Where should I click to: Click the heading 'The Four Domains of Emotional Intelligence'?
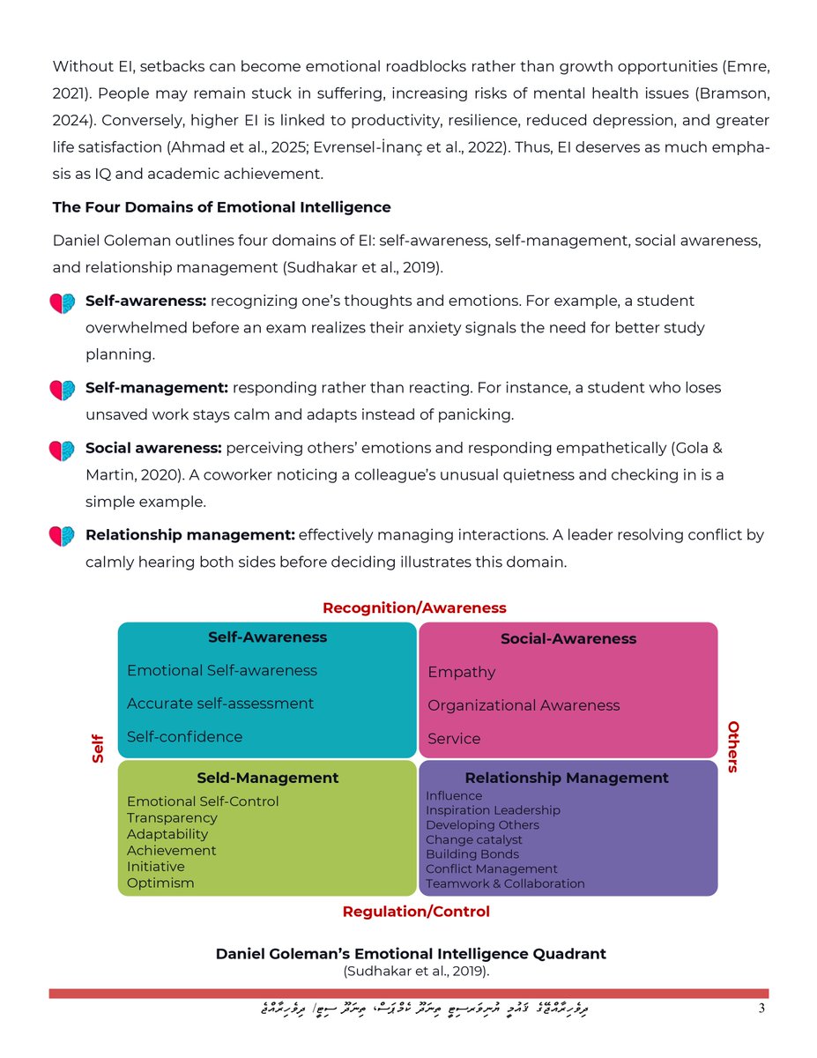tap(221, 207)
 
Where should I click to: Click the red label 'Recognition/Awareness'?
tap(414, 607)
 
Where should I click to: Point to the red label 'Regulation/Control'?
tap(416, 911)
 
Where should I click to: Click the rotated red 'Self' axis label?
tap(98, 749)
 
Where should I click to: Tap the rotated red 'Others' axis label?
tap(732, 746)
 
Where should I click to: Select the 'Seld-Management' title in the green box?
tap(267, 778)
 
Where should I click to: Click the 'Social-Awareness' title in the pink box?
tap(568, 638)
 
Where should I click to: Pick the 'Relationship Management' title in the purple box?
tap(566, 778)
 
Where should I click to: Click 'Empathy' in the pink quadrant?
tap(461, 672)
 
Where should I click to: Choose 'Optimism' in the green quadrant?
tap(160, 883)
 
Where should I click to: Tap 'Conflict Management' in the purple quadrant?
tap(491, 868)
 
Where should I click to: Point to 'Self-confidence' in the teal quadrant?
tap(184, 736)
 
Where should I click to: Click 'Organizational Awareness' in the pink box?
tap(524, 705)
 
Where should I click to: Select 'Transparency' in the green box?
tap(172, 817)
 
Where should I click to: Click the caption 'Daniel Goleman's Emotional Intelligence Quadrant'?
tap(411, 954)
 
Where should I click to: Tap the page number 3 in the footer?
tap(762, 1009)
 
